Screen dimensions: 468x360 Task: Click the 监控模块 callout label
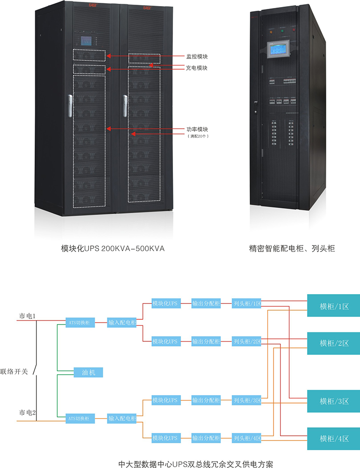coord(197,57)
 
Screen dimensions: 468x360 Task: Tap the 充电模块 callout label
coord(197,68)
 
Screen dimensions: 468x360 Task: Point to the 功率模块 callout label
coord(197,129)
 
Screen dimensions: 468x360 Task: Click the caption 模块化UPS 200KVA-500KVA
coord(113,249)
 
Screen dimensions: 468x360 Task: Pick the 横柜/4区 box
coord(333,439)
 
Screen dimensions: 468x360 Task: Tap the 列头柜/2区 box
coord(247,341)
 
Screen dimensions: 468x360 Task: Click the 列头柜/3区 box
coord(247,400)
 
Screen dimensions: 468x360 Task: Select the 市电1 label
coord(28,317)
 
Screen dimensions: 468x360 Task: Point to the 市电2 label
coord(28,413)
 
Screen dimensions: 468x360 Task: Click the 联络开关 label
coord(14,372)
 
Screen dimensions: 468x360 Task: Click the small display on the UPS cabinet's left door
coord(88,41)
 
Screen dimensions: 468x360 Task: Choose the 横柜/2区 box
coord(333,343)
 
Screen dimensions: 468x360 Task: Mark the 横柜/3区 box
coord(333,401)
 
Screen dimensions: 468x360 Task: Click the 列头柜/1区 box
coord(247,304)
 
